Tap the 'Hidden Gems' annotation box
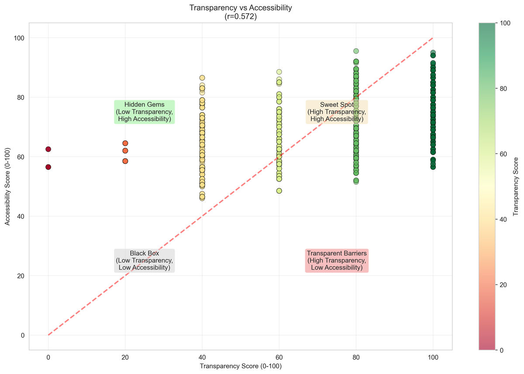pos(144,112)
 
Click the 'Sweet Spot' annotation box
pos(337,112)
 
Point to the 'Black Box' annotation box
pos(144,260)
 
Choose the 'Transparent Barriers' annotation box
pos(337,260)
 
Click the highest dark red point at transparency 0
pos(48,149)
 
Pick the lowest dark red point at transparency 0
pos(48,167)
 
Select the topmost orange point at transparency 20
pos(125,143)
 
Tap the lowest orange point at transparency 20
pos(125,161)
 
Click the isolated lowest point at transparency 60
pos(279,191)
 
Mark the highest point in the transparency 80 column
pos(356,51)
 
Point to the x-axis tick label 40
pos(202,357)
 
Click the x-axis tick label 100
pos(433,357)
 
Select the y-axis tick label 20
pos(21,276)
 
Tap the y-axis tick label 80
pos(21,98)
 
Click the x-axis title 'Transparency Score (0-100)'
pos(241,366)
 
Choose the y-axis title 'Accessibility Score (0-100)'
pos(8,186)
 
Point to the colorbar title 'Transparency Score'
pos(516,186)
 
